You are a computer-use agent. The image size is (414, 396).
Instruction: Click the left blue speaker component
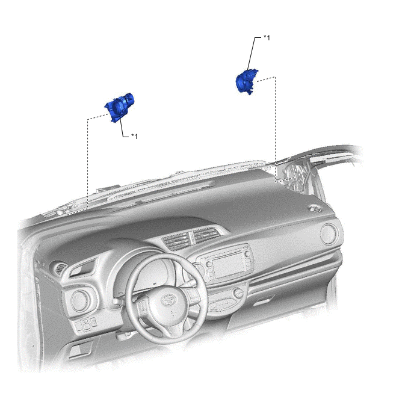(x=119, y=108)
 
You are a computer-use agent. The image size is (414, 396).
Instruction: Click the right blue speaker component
(x=246, y=81)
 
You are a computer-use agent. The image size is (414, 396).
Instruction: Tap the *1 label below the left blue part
(x=134, y=136)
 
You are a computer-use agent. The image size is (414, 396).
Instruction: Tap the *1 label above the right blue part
(x=267, y=38)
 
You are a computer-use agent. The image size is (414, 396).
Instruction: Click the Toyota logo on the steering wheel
(x=168, y=300)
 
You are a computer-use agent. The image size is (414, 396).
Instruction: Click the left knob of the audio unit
(x=209, y=264)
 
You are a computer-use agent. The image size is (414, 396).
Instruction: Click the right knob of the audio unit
(x=247, y=254)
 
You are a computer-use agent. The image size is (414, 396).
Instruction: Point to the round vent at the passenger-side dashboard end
(x=329, y=234)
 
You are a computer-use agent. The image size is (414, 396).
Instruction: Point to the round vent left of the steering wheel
(x=80, y=301)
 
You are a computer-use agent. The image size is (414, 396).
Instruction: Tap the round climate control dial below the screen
(x=238, y=292)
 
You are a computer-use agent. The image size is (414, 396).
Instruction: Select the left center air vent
(x=176, y=241)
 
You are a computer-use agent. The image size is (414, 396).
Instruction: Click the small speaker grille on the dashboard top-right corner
(x=315, y=209)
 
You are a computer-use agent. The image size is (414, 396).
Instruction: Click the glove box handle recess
(x=264, y=301)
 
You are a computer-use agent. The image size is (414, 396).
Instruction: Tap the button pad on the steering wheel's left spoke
(x=143, y=306)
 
